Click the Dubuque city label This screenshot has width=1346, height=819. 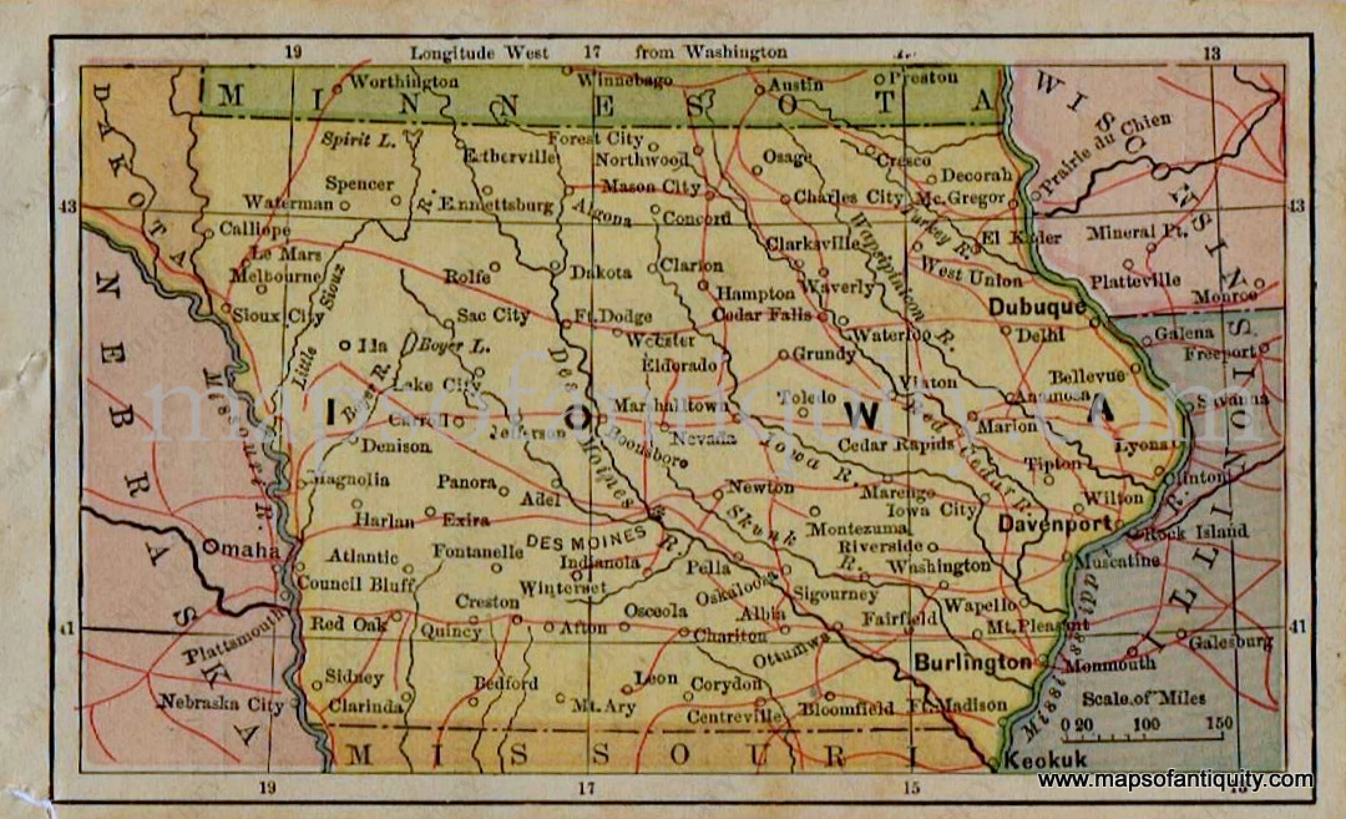(1037, 307)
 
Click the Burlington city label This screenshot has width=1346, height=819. (973, 663)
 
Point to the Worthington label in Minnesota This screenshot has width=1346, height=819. (404, 82)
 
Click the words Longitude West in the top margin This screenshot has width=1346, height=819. (479, 53)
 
